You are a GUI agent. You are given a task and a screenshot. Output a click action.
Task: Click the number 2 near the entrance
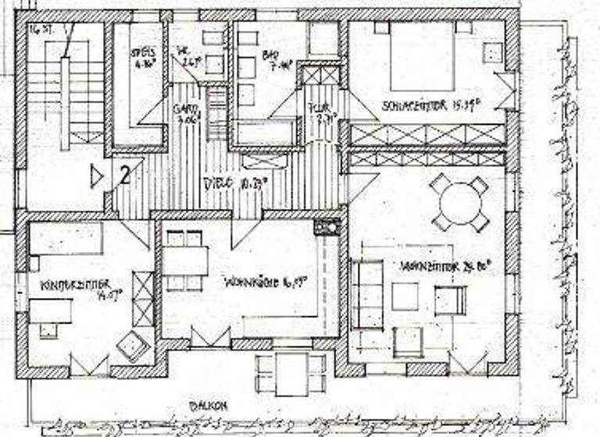124,175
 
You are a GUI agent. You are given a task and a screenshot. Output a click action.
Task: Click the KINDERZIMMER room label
76,286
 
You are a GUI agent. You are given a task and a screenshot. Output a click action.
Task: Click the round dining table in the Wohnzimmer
460,202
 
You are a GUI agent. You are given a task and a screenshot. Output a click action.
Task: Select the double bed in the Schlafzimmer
423,55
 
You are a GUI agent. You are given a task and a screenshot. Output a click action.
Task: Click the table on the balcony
291,374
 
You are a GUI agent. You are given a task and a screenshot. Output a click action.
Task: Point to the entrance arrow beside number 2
96,176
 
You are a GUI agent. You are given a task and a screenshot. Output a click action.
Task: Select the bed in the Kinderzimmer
66,239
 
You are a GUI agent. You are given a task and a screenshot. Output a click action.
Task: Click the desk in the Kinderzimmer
51,312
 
